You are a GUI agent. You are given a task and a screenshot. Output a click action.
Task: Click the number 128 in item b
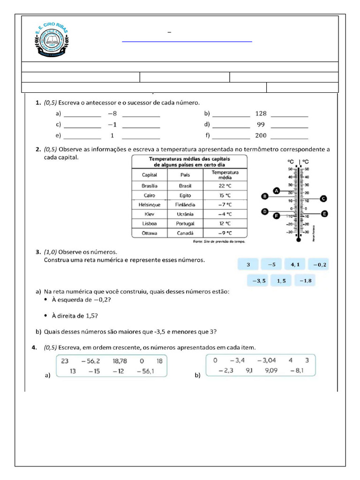pos(261,113)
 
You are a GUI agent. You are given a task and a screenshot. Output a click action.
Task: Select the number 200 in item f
pos(261,135)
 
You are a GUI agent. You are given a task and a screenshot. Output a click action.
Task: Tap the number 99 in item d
pos(261,125)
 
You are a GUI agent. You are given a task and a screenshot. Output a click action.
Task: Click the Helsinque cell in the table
pos(150,205)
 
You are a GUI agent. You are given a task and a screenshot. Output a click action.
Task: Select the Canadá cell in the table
pos(185,233)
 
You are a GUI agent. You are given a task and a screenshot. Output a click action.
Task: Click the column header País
pos(185,175)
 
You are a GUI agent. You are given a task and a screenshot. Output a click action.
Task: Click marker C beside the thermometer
pos(323,198)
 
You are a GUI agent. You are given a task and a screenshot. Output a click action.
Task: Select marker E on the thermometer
pos(324,214)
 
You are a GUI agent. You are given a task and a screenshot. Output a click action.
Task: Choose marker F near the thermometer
pos(276,216)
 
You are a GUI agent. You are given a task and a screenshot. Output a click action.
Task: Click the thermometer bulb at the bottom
pos(298,240)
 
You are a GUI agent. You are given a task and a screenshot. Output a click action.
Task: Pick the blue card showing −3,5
pos(259,281)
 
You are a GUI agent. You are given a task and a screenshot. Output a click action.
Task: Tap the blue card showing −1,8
pos(305,281)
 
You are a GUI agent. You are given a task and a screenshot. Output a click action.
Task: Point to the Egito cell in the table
pos(185,195)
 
